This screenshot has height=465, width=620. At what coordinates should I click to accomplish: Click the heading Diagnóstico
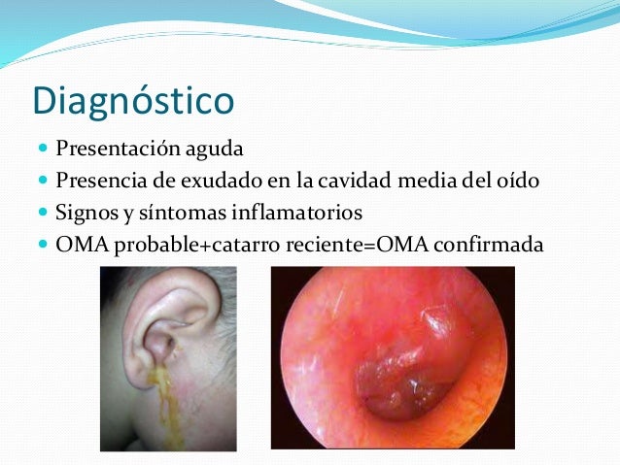pyautogui.click(x=133, y=100)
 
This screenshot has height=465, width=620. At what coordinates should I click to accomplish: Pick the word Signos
pyautogui.click(x=85, y=211)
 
